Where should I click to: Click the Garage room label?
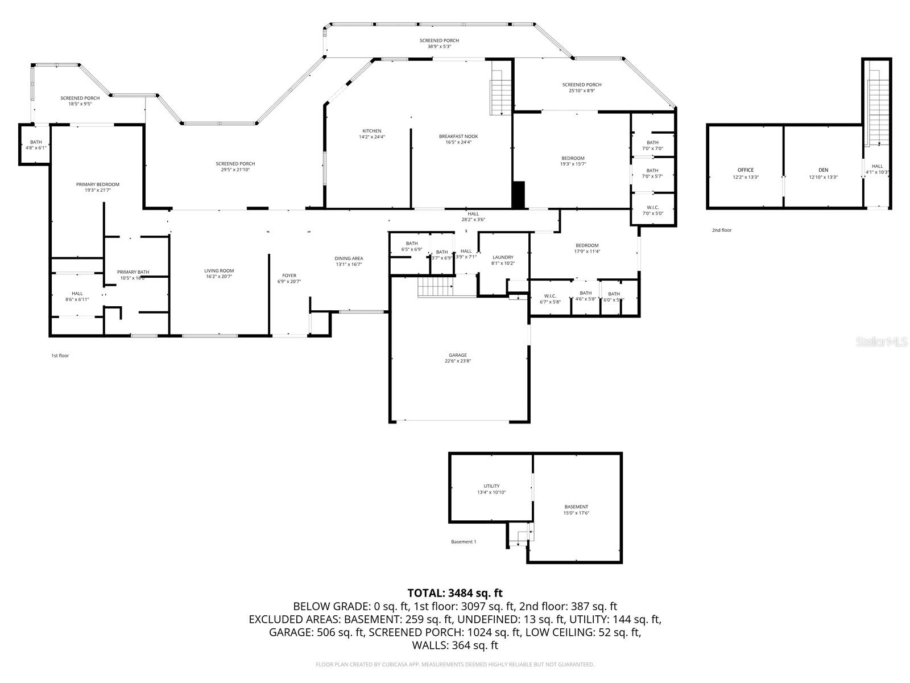point(458,357)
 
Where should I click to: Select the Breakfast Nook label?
point(458,139)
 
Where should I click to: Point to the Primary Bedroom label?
point(98,187)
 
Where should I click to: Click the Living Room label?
point(219,274)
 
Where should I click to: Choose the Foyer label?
point(289,278)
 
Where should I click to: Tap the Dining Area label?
point(349,261)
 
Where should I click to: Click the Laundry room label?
point(503,260)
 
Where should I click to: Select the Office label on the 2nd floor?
point(745,173)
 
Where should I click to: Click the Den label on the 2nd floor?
point(823,173)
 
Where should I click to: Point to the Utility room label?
point(491,489)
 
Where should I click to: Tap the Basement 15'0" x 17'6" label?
point(576,509)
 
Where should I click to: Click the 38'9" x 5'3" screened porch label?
point(439,43)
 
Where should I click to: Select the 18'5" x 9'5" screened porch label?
point(80,101)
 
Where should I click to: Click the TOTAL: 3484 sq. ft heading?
point(455,593)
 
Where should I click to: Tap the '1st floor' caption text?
point(60,356)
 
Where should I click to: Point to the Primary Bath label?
point(133,275)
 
